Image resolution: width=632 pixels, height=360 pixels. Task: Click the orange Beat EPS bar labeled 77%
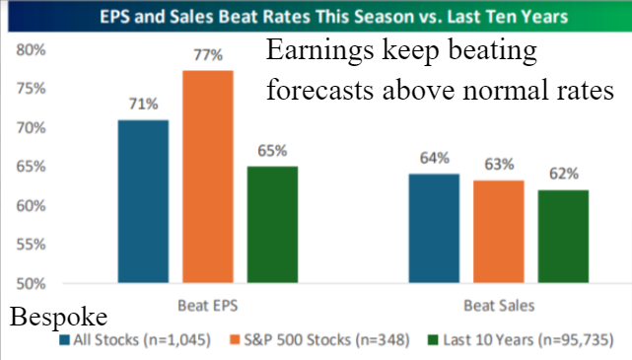208,177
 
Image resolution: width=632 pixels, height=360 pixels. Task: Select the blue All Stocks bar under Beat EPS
143,201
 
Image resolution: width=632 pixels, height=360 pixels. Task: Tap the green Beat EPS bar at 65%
272,224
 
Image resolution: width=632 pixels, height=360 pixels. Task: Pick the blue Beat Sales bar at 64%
434,228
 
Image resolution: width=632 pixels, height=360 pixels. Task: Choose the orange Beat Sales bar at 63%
499,232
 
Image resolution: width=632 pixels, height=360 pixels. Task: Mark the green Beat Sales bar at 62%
563,237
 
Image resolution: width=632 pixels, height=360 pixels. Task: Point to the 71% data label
144,104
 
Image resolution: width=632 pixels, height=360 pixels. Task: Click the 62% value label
564,174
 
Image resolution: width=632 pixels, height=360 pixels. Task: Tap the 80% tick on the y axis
31,50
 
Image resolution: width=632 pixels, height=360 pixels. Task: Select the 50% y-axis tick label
31,284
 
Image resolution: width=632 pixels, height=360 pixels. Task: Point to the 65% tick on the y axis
31,166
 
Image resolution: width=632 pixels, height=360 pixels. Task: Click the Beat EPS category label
208,305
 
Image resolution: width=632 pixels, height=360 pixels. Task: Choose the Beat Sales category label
499,305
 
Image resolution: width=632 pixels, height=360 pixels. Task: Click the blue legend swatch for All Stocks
64,340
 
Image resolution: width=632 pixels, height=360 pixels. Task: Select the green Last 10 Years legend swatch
433,340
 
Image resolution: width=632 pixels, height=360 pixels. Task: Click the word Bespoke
59,318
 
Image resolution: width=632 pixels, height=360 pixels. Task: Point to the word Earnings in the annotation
320,51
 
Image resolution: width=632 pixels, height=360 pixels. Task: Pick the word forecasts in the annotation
320,90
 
